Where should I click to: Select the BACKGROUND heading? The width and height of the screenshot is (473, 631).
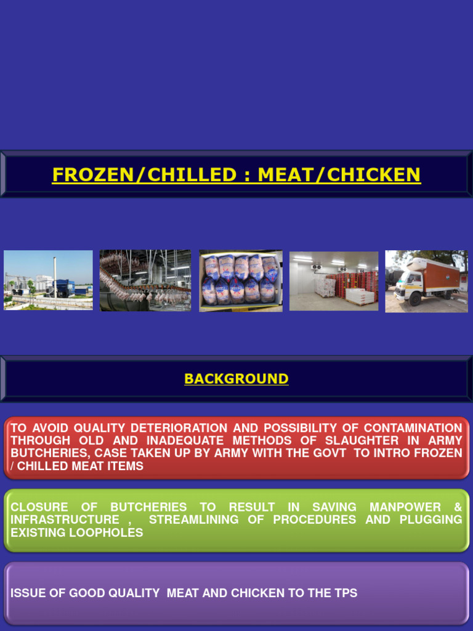pyautogui.click(x=236, y=379)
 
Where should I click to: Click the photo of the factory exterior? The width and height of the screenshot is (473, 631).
pyautogui.click(x=48, y=280)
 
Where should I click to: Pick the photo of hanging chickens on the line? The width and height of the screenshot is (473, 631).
pyautogui.click(x=145, y=280)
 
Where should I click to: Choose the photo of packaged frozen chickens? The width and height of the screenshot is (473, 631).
pyautogui.click(x=241, y=280)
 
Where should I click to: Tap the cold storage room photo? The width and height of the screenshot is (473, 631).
pyautogui.click(x=334, y=280)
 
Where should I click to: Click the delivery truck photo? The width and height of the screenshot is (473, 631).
pyautogui.click(x=426, y=281)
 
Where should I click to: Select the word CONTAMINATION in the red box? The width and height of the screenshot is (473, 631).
pyautogui.click(x=413, y=428)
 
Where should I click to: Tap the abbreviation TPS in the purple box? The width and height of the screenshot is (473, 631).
pyautogui.click(x=344, y=593)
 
